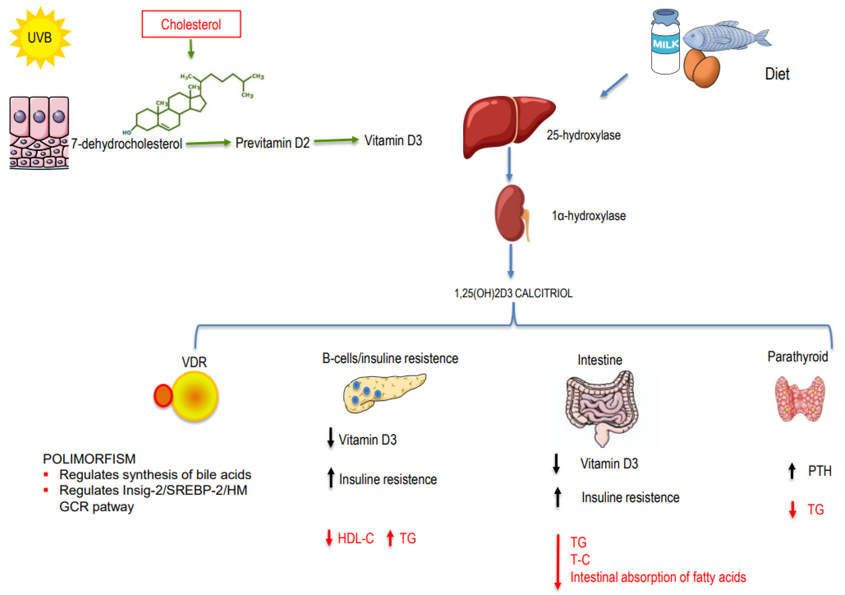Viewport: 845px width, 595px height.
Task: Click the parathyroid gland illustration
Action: [x=799, y=399]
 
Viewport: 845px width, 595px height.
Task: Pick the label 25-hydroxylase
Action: [x=583, y=135]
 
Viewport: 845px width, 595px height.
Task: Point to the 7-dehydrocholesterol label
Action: [x=126, y=144]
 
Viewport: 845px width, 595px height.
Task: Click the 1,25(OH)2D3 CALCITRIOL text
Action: [x=513, y=293]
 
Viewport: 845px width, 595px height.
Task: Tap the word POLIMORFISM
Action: [x=89, y=459]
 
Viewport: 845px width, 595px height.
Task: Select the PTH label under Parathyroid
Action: [x=819, y=471]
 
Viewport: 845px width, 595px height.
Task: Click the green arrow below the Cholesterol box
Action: [x=191, y=49]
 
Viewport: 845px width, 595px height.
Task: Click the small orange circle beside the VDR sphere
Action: [x=163, y=396]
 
